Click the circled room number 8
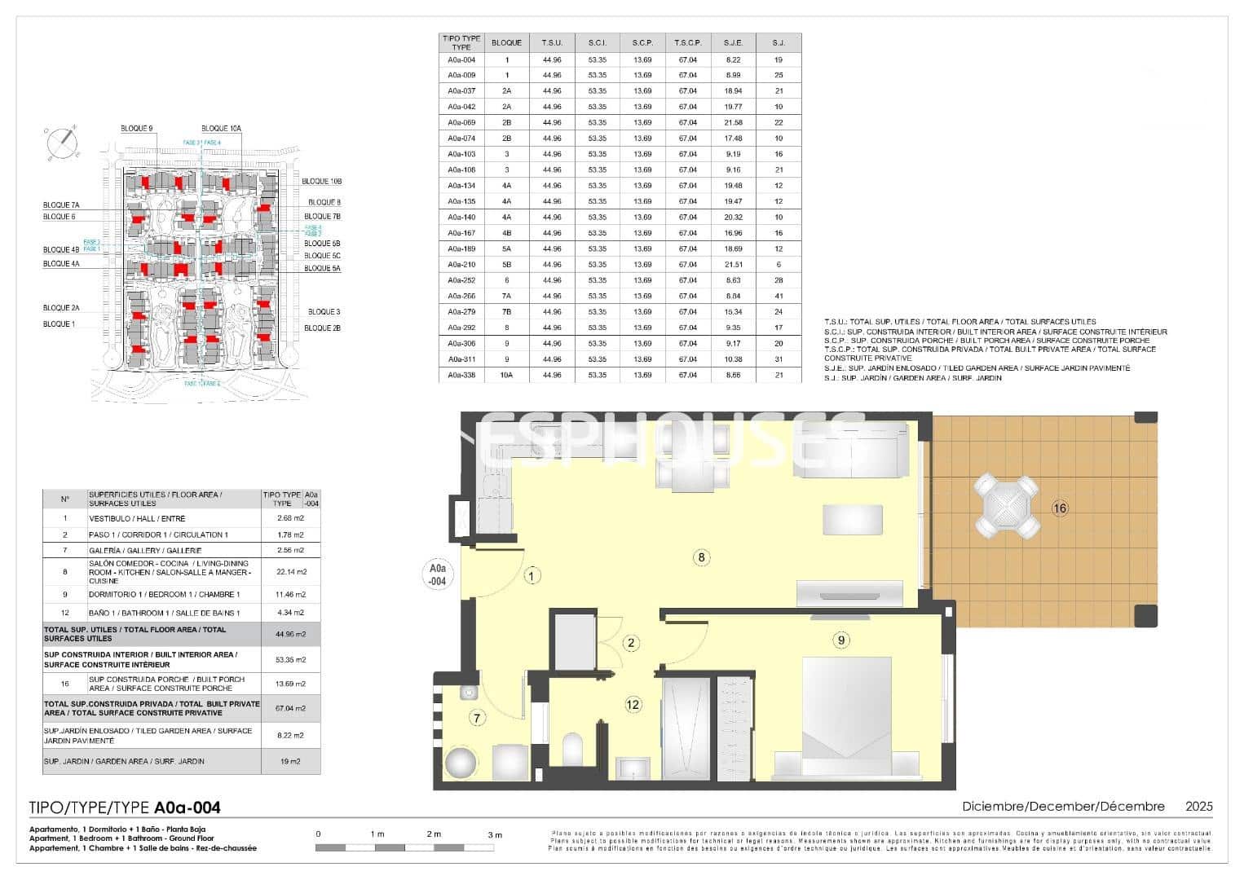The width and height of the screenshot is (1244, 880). click(x=700, y=557)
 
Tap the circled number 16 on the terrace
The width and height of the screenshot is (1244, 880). click(x=1059, y=508)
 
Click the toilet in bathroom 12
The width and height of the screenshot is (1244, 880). click(x=573, y=748)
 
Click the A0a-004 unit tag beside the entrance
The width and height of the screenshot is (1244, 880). click(x=438, y=575)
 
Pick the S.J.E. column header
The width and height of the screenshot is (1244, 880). click(x=733, y=42)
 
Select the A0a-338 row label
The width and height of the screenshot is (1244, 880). click(x=461, y=375)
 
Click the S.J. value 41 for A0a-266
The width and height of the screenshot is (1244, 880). click(x=779, y=296)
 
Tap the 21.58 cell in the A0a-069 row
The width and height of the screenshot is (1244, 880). click(x=733, y=122)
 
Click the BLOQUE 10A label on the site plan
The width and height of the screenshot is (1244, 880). click(x=221, y=128)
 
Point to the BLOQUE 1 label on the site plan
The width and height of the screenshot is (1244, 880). click(x=59, y=324)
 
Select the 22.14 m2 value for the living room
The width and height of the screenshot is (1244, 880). click(x=290, y=572)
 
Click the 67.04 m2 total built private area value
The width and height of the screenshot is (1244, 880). click(x=290, y=708)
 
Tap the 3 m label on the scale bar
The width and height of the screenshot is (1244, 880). click(x=495, y=834)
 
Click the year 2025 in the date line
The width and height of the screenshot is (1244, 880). click(x=1198, y=806)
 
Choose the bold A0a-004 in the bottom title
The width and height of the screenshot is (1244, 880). click(x=187, y=807)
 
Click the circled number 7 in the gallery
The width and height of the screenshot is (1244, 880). click(x=478, y=717)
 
